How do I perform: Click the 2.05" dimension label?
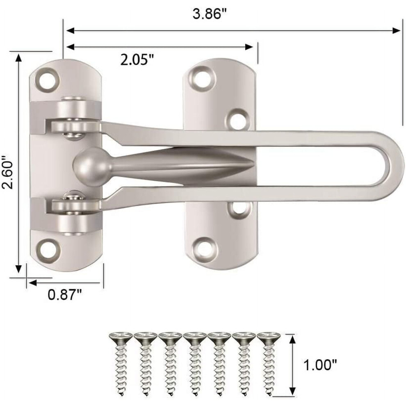(137, 60)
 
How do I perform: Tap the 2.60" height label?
(7, 172)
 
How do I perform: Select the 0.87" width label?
(65, 294)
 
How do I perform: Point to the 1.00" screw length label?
(320, 365)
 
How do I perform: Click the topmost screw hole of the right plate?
(203, 77)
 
